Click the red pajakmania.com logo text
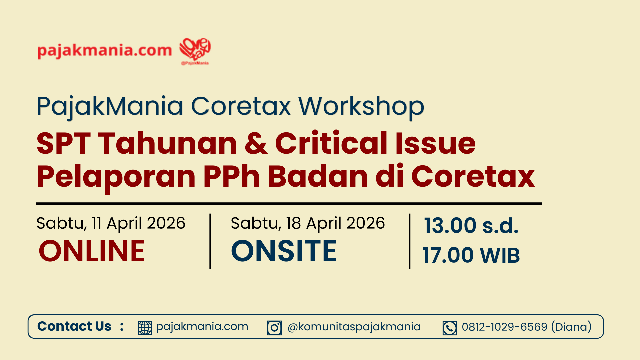point(105,50)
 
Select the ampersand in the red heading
point(256,143)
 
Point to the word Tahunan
point(168,143)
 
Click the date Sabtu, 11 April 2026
point(111,223)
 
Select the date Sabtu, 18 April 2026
point(308,223)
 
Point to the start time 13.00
point(450,226)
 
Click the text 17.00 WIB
point(471,255)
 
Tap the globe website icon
point(145,328)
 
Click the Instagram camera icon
point(274,328)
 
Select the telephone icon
point(450,328)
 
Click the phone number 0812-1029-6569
point(504,327)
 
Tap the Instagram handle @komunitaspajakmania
point(354,327)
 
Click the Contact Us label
point(74,326)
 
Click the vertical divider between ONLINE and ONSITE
point(210,241)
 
